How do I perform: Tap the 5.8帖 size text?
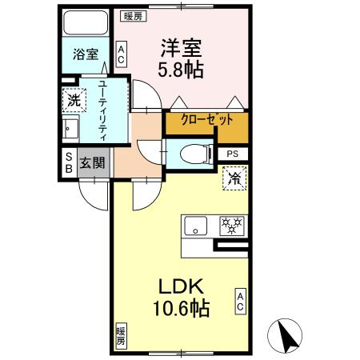point(181,69)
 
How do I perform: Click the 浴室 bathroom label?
point(86,54)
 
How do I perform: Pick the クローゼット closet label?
point(207,120)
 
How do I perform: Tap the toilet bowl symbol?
point(191,153)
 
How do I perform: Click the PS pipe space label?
point(232,154)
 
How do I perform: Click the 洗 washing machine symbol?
point(73,102)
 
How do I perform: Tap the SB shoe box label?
point(69,162)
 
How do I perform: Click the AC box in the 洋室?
point(121,54)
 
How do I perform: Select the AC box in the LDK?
point(240,301)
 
